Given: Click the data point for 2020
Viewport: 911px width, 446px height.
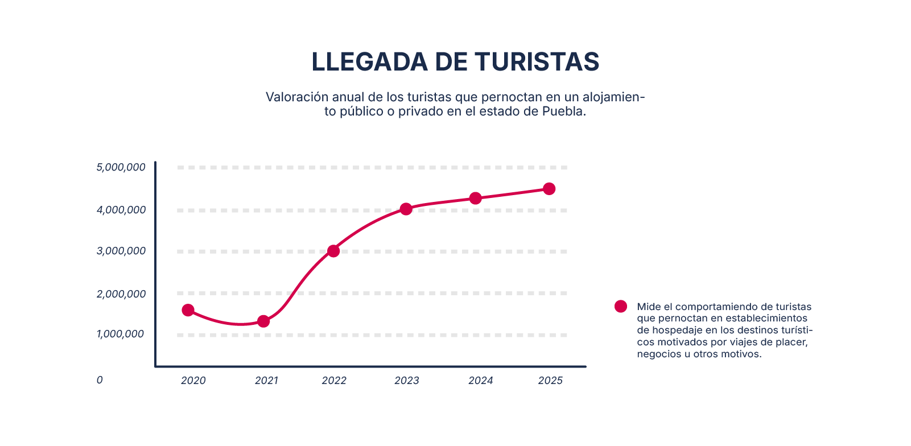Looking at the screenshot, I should click(x=188, y=310).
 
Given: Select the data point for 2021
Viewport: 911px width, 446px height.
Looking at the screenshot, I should click(x=263, y=321).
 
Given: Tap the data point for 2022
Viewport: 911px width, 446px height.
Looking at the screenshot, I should click(x=333, y=251).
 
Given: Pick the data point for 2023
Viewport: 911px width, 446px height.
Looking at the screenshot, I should click(x=406, y=209).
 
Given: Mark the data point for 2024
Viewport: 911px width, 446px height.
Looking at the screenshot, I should click(x=476, y=198).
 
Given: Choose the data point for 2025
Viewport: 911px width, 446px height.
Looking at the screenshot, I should click(x=549, y=189).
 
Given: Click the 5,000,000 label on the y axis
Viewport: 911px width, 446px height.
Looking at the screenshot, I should click(x=121, y=167).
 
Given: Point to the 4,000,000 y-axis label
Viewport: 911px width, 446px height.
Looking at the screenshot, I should click(x=121, y=210).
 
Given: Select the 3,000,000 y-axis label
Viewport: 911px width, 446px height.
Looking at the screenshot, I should click(x=121, y=251).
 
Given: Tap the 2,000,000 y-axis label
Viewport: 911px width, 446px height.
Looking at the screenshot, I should click(x=121, y=294).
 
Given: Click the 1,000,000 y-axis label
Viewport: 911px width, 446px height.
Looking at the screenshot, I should click(x=120, y=334).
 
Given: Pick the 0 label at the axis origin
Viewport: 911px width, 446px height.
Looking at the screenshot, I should click(x=100, y=380).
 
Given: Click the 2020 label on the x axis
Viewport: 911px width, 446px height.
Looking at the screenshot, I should click(x=193, y=381).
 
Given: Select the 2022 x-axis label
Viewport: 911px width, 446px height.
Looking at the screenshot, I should click(x=334, y=381).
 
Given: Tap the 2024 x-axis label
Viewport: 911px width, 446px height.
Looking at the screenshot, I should click(x=481, y=381).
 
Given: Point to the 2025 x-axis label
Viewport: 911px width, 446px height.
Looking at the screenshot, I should click(x=550, y=381).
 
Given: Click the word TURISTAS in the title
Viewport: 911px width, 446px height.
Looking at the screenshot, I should click(x=537, y=62).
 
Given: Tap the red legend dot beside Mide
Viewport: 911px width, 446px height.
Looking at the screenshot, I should click(x=621, y=307).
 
